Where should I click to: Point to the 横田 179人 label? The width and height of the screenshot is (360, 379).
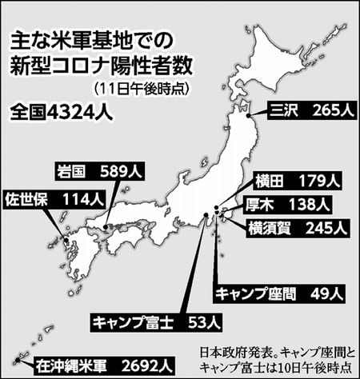pyautogui.click(x=300, y=179)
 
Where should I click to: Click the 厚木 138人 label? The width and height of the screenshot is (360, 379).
pyautogui.click(x=300, y=203)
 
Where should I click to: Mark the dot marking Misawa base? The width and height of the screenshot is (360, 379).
pyautogui.click(x=250, y=117)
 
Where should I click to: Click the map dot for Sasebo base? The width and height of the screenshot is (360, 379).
pyautogui.click(x=66, y=237)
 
